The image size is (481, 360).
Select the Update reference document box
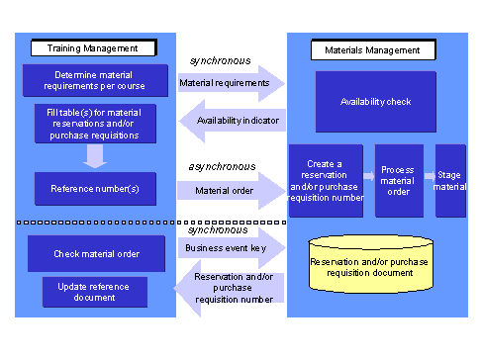click(96, 292)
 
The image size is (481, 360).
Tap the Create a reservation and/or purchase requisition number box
click(325, 180)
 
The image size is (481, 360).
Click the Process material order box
click(398, 180)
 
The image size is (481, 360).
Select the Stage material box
click(450, 180)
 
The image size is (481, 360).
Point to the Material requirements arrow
click(228, 83)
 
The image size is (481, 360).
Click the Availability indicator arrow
click(230, 121)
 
